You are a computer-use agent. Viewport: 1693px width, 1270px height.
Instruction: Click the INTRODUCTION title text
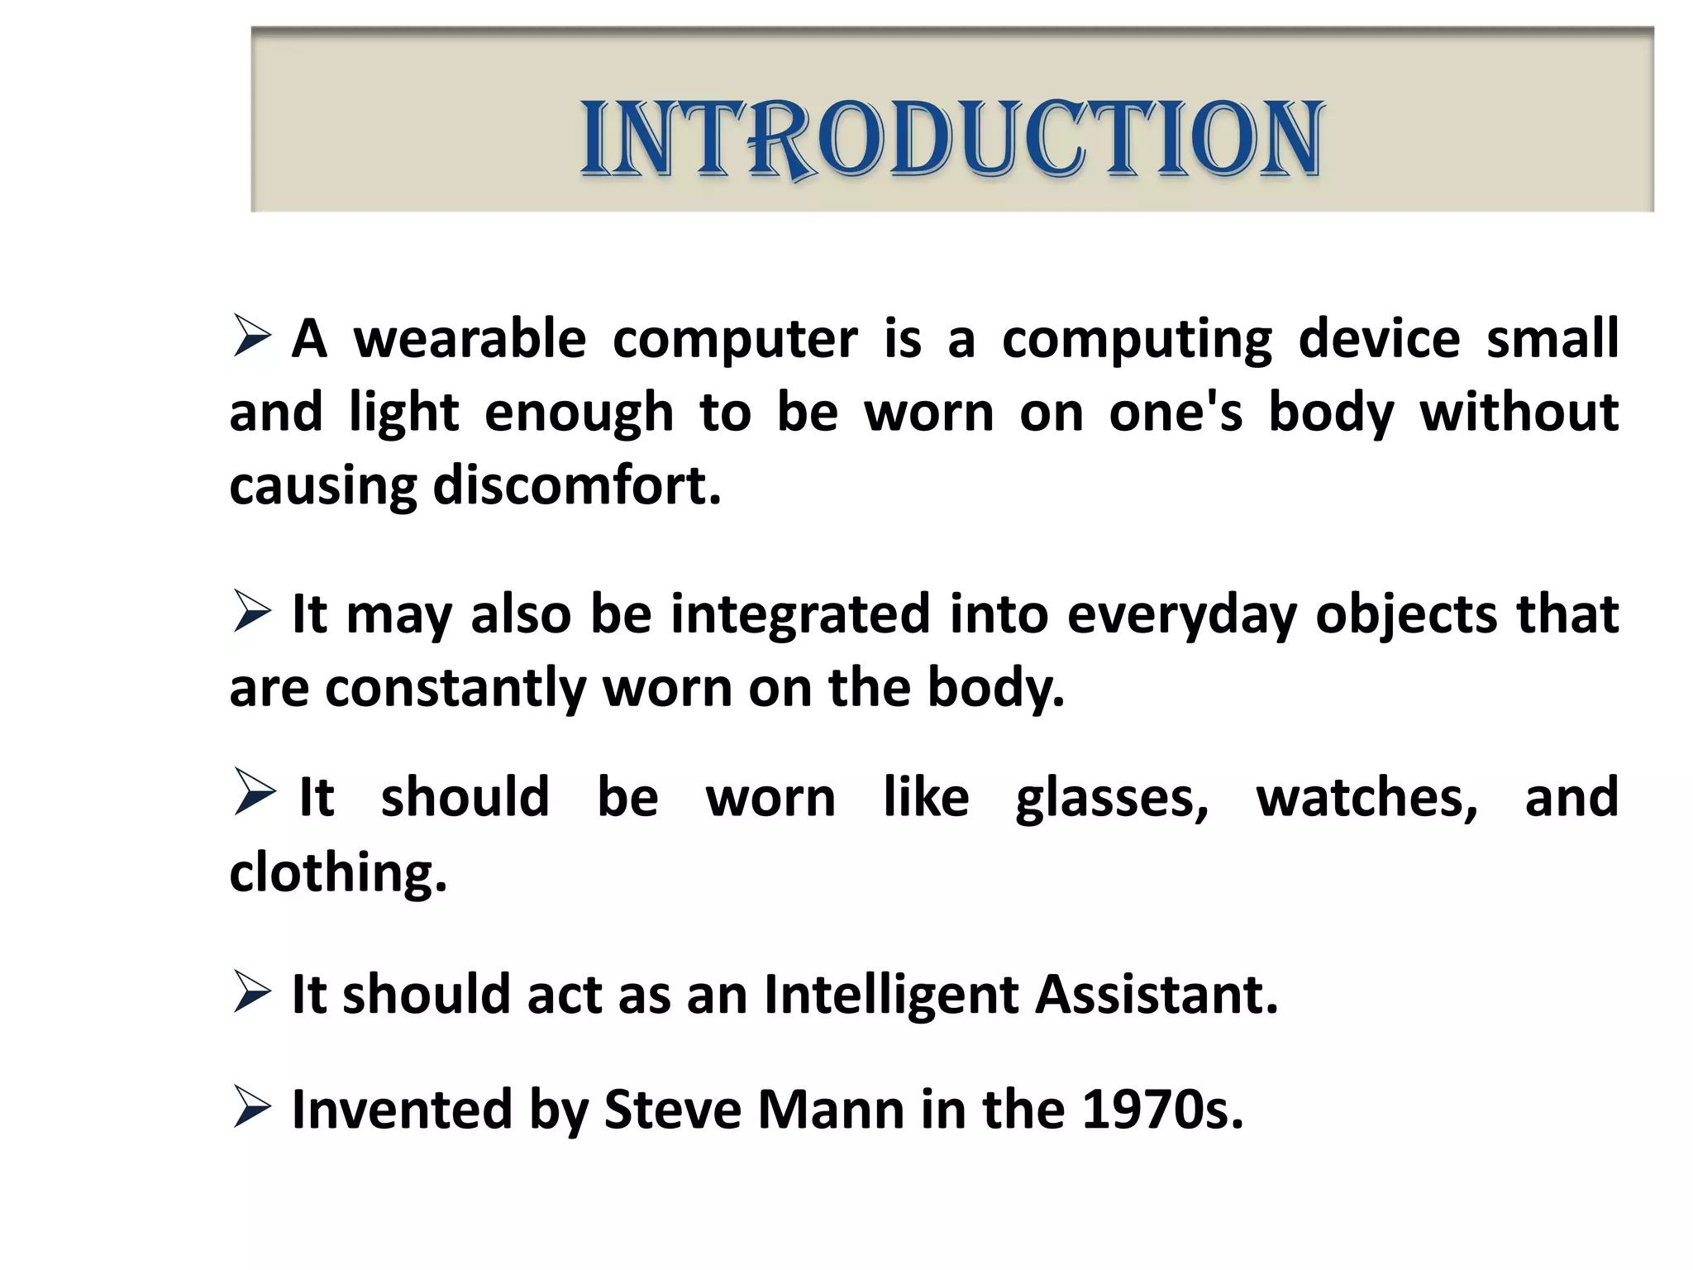[952, 138]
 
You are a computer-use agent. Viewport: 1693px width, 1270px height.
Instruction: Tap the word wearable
[470, 339]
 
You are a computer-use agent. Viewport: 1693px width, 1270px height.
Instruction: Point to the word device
[1379, 339]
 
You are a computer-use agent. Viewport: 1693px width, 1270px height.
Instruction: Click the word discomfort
[577, 485]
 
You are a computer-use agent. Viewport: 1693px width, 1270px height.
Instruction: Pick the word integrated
[800, 615]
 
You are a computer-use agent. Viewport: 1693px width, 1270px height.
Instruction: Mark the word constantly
[455, 689]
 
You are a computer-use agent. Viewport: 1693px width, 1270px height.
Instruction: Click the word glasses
[1112, 799]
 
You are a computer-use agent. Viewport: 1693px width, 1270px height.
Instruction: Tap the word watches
[1366, 798]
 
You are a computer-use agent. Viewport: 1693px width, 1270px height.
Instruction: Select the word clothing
[338, 873]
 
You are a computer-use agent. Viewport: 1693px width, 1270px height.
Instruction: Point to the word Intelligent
[890, 995]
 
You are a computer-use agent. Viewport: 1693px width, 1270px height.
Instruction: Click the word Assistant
[1156, 994]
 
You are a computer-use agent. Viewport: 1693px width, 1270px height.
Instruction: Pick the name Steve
[673, 1110]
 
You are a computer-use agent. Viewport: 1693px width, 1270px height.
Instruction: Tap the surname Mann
[831, 1110]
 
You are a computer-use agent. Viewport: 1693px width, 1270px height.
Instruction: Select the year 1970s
[1161, 1110]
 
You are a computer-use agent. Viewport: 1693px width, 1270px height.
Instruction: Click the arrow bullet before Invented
[251, 1107]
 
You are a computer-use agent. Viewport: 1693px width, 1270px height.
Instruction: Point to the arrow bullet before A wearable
[251, 337]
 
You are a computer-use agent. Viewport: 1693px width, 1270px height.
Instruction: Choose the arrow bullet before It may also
[251, 612]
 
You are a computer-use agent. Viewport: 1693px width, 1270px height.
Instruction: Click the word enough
[579, 413]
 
